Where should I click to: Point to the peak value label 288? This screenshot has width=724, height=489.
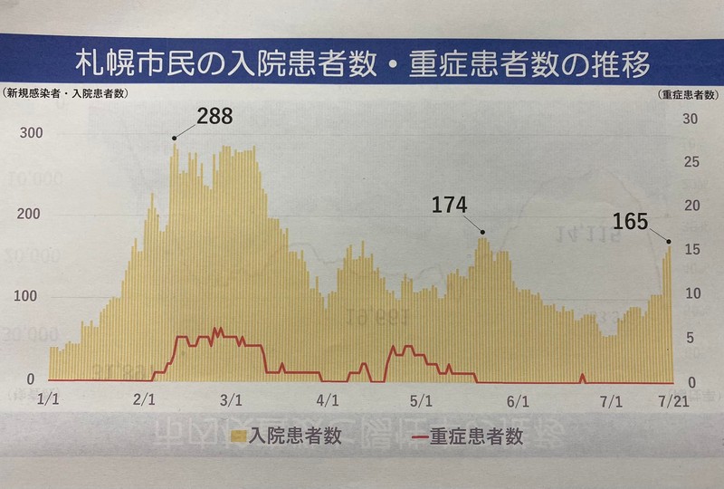214,116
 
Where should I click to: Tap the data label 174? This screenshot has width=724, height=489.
449,206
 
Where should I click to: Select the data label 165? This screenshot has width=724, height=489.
631,220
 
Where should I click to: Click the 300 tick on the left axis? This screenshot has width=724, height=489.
28,134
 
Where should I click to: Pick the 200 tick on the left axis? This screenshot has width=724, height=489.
28,215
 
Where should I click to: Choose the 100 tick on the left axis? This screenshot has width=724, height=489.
28,297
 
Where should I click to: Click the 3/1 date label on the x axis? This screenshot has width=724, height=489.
230,398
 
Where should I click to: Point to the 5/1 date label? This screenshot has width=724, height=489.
419,398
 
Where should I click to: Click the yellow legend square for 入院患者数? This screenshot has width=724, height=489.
240,437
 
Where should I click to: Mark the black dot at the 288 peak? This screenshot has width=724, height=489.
175,139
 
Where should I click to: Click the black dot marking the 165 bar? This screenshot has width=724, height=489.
669,241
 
